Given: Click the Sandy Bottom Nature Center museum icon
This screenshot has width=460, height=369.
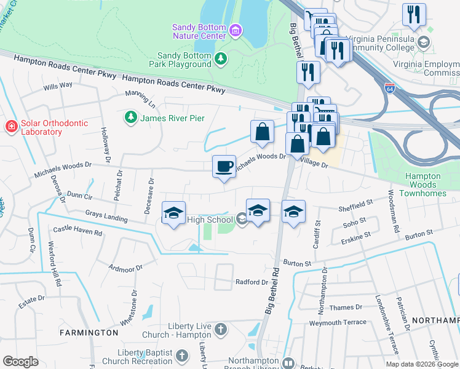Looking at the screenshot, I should (x=235, y=30).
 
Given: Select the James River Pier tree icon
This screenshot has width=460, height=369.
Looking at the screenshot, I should (x=130, y=117).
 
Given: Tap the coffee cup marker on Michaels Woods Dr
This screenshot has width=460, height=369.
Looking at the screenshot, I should (x=224, y=165).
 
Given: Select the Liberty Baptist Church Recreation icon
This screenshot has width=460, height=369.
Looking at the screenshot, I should (x=181, y=355).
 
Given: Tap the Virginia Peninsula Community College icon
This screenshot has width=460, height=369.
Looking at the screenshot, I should (x=423, y=42).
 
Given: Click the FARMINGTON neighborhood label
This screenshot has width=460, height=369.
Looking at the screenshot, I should (x=89, y=333).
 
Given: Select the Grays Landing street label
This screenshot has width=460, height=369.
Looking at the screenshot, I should (x=106, y=216).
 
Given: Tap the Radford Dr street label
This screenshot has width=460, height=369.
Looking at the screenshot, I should (x=252, y=282).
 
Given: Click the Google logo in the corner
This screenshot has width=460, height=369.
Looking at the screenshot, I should (x=20, y=362).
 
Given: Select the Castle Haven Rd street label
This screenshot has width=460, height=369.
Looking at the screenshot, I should (x=77, y=231).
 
